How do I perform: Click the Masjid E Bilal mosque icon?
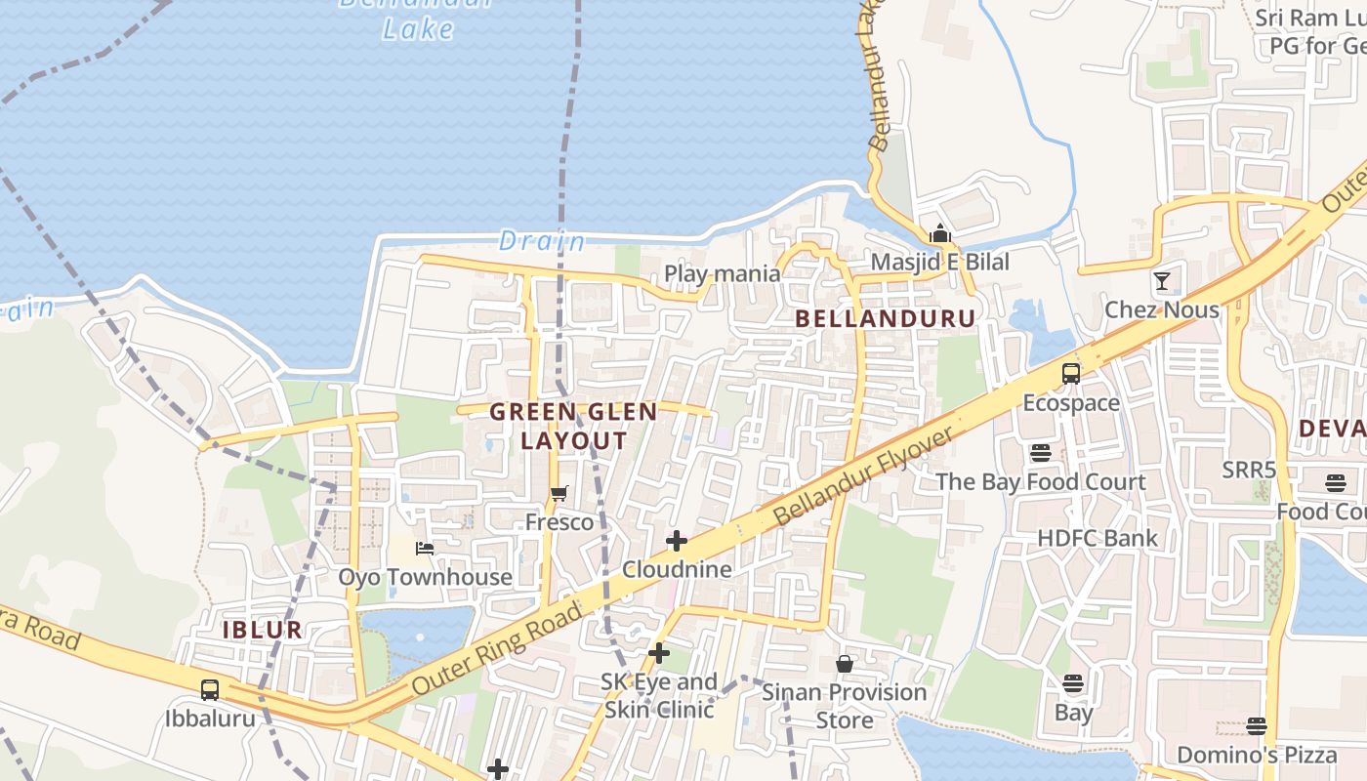pos(940,233)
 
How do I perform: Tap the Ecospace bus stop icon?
pos(1071,374)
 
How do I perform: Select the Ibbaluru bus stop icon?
pos(210,690)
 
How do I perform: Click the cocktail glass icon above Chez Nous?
pos(1162,281)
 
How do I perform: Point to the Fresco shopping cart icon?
pos(559,494)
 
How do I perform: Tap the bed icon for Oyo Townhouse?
pos(425,549)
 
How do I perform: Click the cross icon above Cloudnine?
pos(676,541)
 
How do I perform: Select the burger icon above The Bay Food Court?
pos(1040,453)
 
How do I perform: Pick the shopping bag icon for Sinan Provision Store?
pos(845,664)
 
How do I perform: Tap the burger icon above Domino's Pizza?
pos(1257,726)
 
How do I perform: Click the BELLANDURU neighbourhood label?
pos(885,318)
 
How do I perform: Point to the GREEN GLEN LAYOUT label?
pos(573,426)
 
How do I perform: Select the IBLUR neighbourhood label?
pos(263,630)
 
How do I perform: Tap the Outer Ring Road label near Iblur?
pos(498,647)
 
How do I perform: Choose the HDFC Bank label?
pos(1098,538)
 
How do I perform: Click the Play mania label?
pos(723,273)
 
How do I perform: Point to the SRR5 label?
pos(1249,471)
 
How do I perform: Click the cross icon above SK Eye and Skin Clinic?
pos(659,653)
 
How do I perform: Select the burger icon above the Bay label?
pos(1073,683)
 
